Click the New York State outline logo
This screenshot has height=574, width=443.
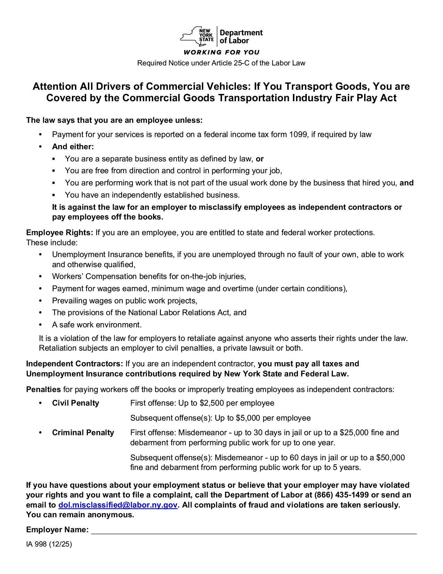pyautogui.click(x=196, y=36)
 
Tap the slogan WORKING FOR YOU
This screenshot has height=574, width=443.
pyautogui.click(x=221, y=52)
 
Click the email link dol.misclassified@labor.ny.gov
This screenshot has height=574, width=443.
pyautogui.click(x=118, y=505)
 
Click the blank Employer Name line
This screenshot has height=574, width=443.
pyautogui.click(x=254, y=530)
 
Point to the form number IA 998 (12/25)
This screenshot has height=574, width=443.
pyautogui.click(x=49, y=544)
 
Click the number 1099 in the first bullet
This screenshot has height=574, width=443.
pyautogui.click(x=298, y=135)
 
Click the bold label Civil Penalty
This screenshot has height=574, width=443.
pyautogui.click(x=75, y=403)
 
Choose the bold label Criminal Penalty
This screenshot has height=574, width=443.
pyautogui.click(x=83, y=432)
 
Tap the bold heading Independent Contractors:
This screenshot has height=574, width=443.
pyautogui.click(x=75, y=364)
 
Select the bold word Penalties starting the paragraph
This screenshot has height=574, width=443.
pyautogui.click(x=43, y=389)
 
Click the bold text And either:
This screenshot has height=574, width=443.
pyautogui.click(x=73, y=146)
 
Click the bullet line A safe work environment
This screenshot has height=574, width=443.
pyautogui.click(x=97, y=325)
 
